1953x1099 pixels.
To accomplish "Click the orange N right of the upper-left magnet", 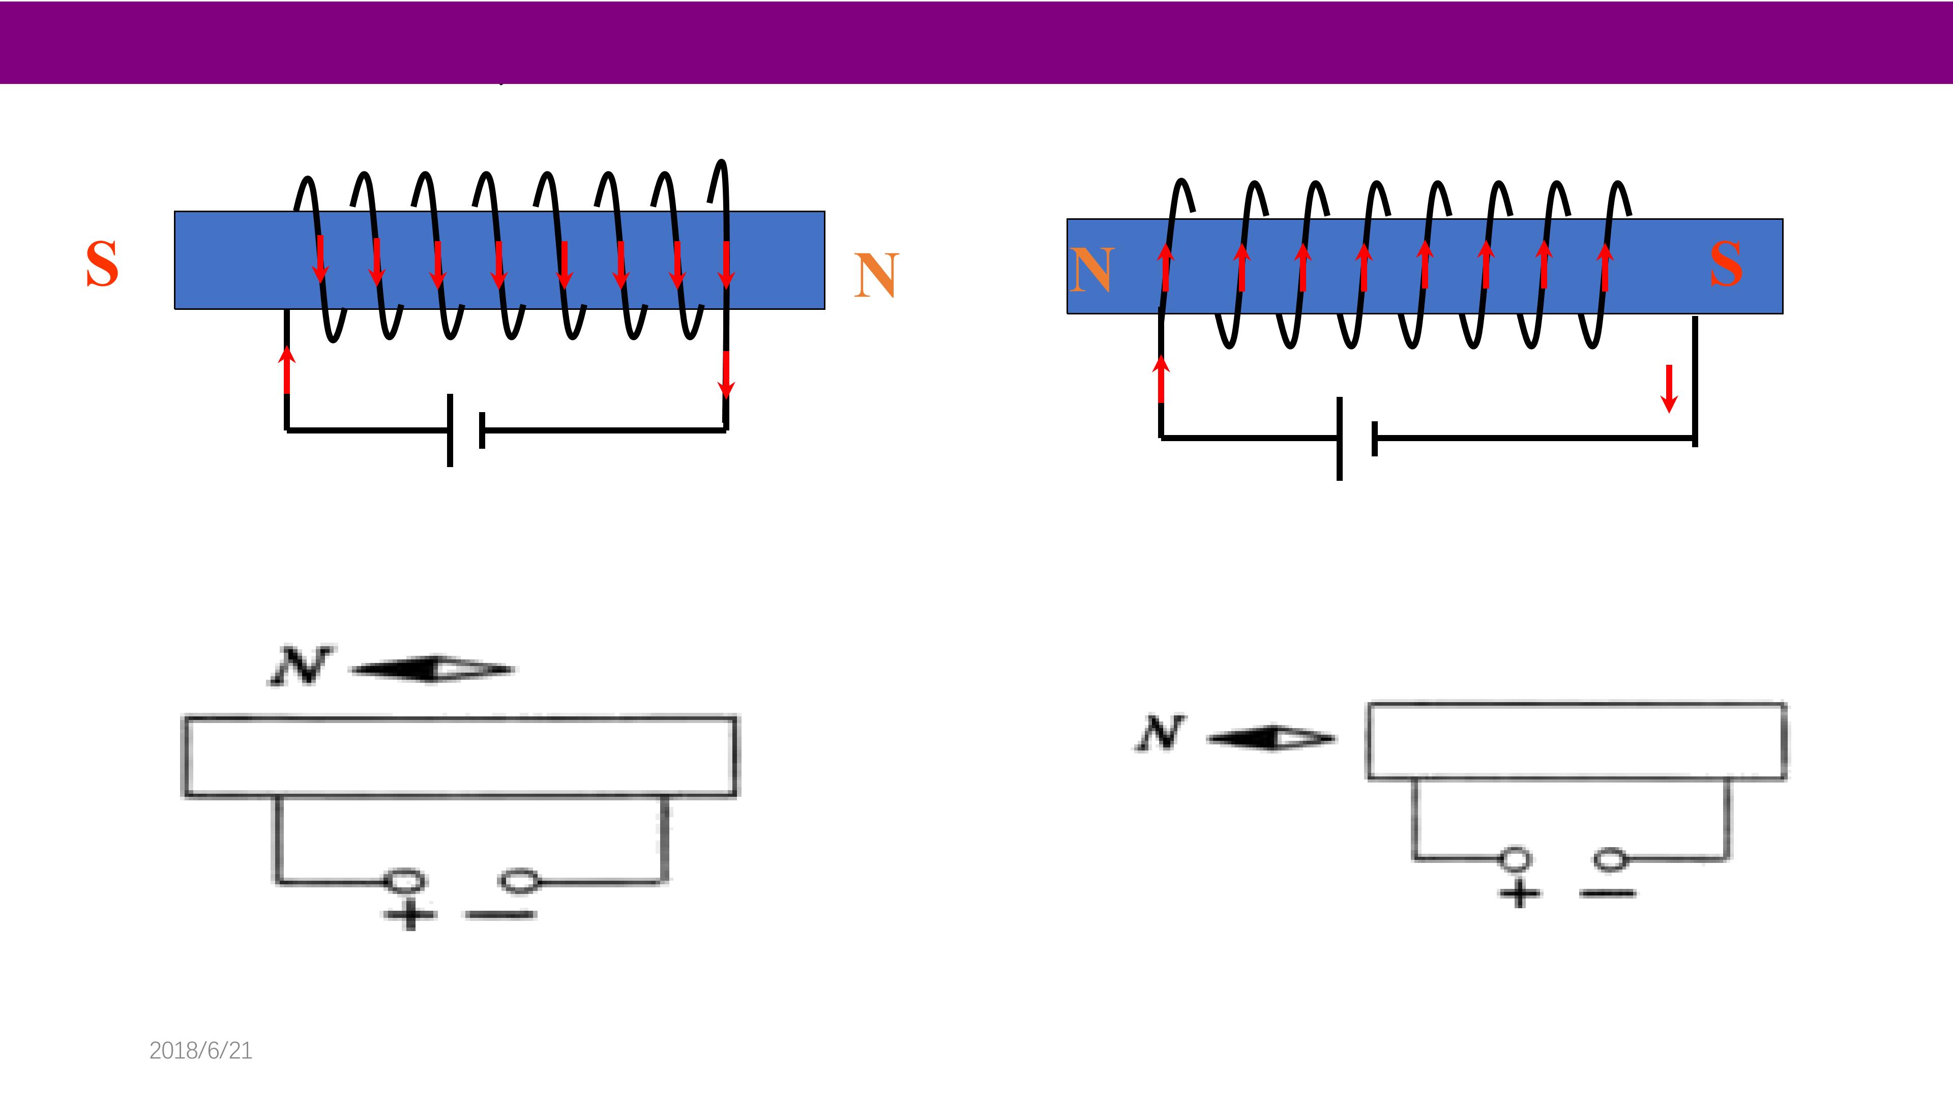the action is tap(876, 275).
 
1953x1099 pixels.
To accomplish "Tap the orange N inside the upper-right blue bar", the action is tap(1092, 270).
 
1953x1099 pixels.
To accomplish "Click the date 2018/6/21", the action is tap(201, 1051).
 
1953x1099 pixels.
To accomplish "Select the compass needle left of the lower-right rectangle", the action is tap(1271, 738).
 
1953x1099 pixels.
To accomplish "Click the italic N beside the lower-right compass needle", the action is tap(1160, 733).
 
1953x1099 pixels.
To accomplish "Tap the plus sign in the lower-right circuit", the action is tap(1519, 893).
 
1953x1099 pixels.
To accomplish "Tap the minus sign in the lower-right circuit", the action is tap(1607, 893).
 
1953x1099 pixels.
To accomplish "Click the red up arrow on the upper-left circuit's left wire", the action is tap(286, 370).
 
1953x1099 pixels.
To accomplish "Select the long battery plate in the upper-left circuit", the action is tap(450, 430).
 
